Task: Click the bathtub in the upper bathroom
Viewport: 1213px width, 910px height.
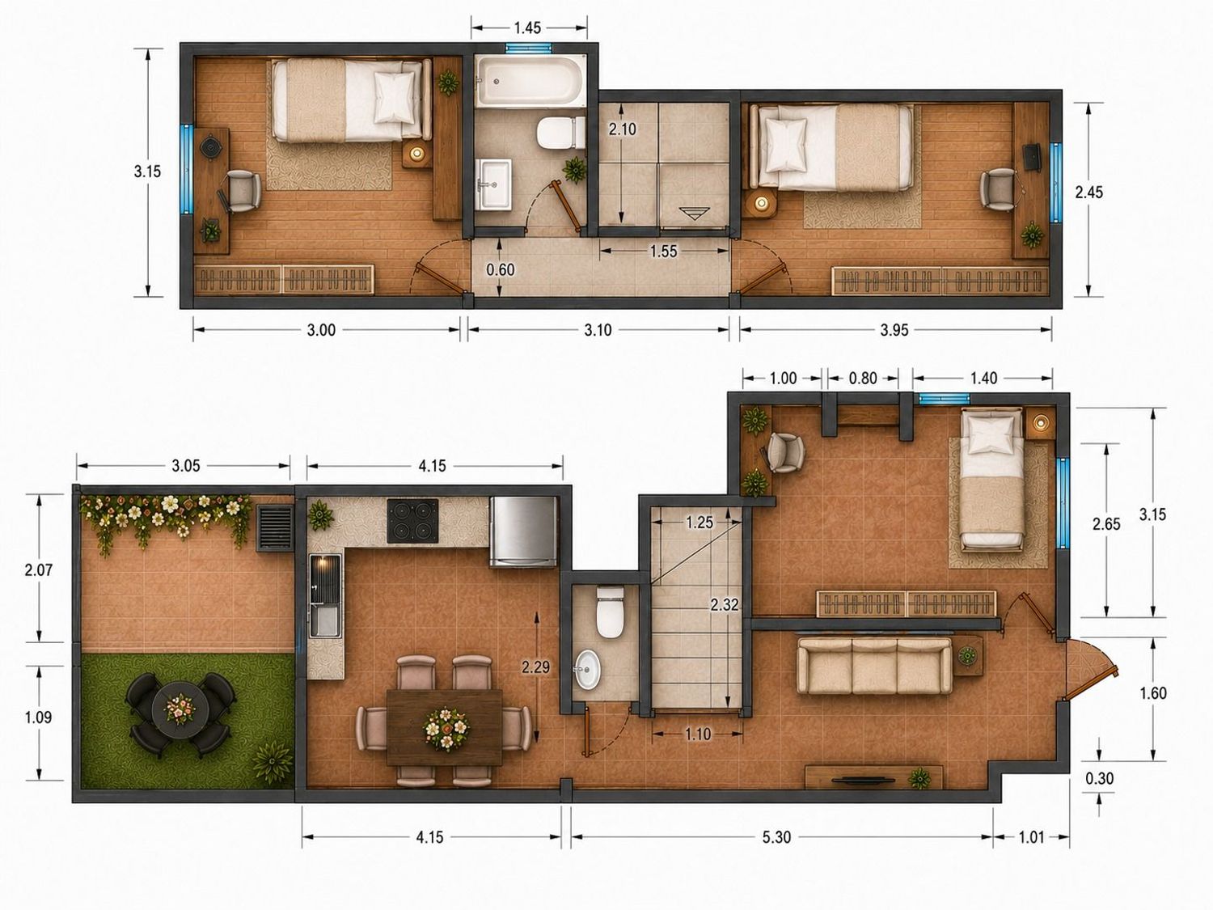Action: click(530, 82)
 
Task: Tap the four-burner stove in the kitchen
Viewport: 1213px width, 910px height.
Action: click(412, 521)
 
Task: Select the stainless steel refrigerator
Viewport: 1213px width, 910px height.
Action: click(523, 531)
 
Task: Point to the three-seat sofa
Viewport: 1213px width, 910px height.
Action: click(875, 666)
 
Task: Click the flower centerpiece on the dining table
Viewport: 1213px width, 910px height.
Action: click(446, 729)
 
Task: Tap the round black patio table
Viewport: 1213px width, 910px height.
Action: click(180, 709)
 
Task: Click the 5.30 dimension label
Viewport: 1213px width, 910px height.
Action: click(776, 838)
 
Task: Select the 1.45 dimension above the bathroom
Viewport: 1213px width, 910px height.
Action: click(527, 28)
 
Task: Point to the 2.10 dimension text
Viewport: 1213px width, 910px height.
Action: click(622, 129)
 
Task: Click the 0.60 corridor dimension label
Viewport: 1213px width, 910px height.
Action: click(500, 269)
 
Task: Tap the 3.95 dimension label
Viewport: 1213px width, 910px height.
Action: click(894, 330)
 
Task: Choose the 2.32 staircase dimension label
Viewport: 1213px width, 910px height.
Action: click(724, 605)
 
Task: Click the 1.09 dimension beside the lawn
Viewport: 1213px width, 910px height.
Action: click(38, 717)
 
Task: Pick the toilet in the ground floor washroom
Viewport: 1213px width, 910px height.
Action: click(609, 613)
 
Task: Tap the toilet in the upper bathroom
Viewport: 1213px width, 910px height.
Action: click(561, 132)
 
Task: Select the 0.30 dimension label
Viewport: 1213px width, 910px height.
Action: click(1099, 778)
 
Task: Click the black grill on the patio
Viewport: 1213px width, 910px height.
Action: click(275, 527)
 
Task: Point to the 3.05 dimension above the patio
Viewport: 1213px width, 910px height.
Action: click(186, 466)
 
